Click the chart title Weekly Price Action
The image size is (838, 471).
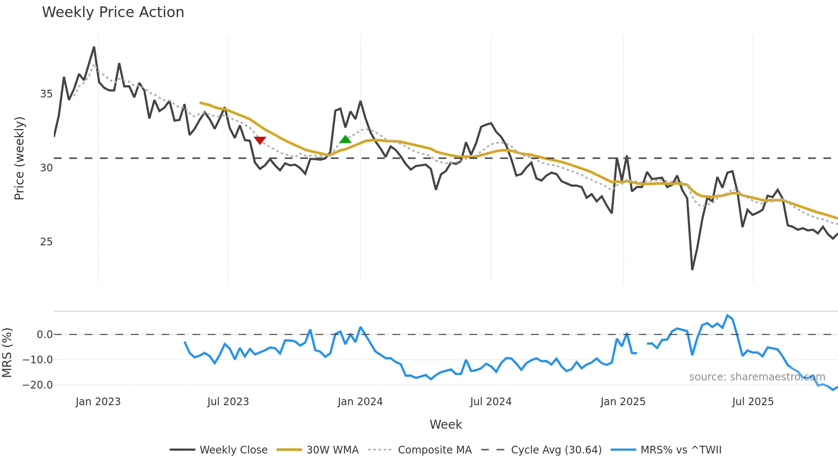[113, 12]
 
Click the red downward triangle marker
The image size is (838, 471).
[260, 140]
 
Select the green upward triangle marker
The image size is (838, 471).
[345, 139]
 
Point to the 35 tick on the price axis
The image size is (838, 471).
[46, 94]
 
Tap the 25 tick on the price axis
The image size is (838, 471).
[46, 242]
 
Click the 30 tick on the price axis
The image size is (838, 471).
[46, 168]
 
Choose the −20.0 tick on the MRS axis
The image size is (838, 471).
[38, 385]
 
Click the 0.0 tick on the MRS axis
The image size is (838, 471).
[44, 335]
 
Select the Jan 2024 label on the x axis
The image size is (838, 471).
[360, 402]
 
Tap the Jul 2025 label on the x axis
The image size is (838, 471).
[752, 402]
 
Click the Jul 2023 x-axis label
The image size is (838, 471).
[228, 402]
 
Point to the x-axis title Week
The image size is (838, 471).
[446, 424]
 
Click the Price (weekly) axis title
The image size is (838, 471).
[19, 158]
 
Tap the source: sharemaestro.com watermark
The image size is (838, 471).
[757, 377]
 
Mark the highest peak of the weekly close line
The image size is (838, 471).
[94, 47]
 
